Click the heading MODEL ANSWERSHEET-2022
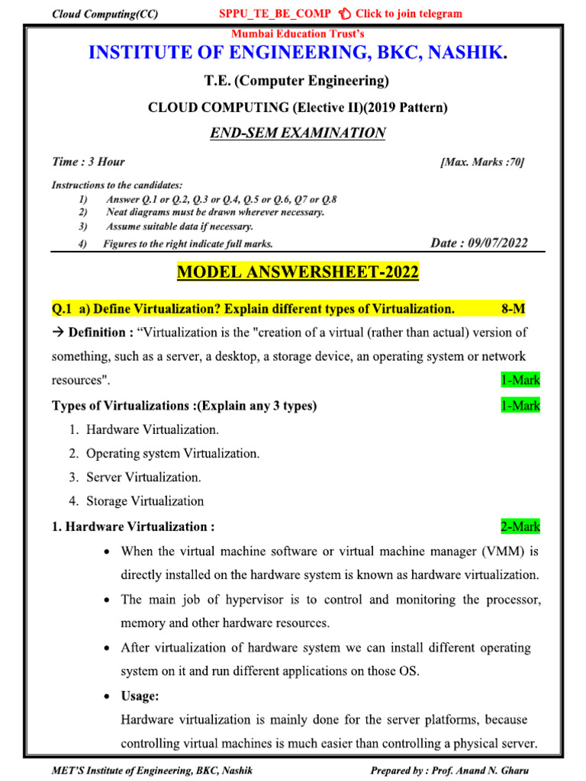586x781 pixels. pyautogui.click(x=298, y=272)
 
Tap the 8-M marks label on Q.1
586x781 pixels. pyautogui.click(x=513, y=308)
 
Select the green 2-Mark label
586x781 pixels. pyautogui.click(x=520, y=526)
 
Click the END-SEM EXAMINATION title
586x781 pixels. pyautogui.click(x=298, y=133)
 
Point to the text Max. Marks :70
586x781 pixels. pyautogui.click(x=482, y=162)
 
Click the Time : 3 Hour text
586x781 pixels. pyautogui.click(x=88, y=162)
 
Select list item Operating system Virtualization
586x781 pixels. pyautogui.click(x=172, y=453)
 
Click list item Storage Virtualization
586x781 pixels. pyautogui.click(x=145, y=501)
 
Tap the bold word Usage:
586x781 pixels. pyautogui.click(x=140, y=696)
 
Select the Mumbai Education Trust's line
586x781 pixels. pyautogui.click(x=298, y=34)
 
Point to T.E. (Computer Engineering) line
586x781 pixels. pyautogui.click(x=298, y=81)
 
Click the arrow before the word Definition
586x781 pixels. pyautogui.click(x=58, y=333)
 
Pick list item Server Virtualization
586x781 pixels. pyautogui.click(x=143, y=477)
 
